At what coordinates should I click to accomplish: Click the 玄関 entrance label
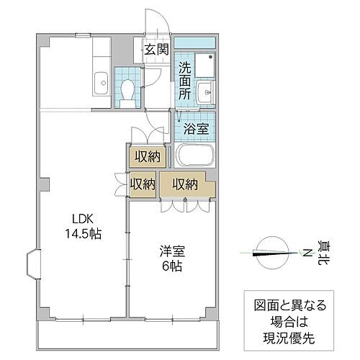click(x=156, y=50)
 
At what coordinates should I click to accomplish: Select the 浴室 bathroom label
click(x=196, y=129)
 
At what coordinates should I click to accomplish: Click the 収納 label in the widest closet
click(x=185, y=184)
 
